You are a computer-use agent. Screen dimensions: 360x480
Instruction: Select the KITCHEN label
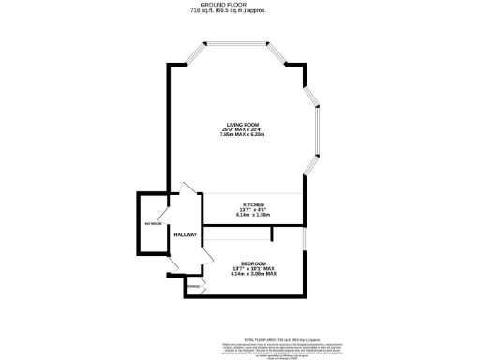[x=254, y=204]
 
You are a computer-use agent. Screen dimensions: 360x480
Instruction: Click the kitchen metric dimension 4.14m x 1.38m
[x=254, y=215]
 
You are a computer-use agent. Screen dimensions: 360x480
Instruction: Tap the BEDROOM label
[x=253, y=262]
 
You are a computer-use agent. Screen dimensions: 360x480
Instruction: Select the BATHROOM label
[x=153, y=225]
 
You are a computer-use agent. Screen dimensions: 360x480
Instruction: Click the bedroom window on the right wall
[x=307, y=260]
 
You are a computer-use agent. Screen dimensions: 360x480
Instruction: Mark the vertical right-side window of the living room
[x=319, y=122]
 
